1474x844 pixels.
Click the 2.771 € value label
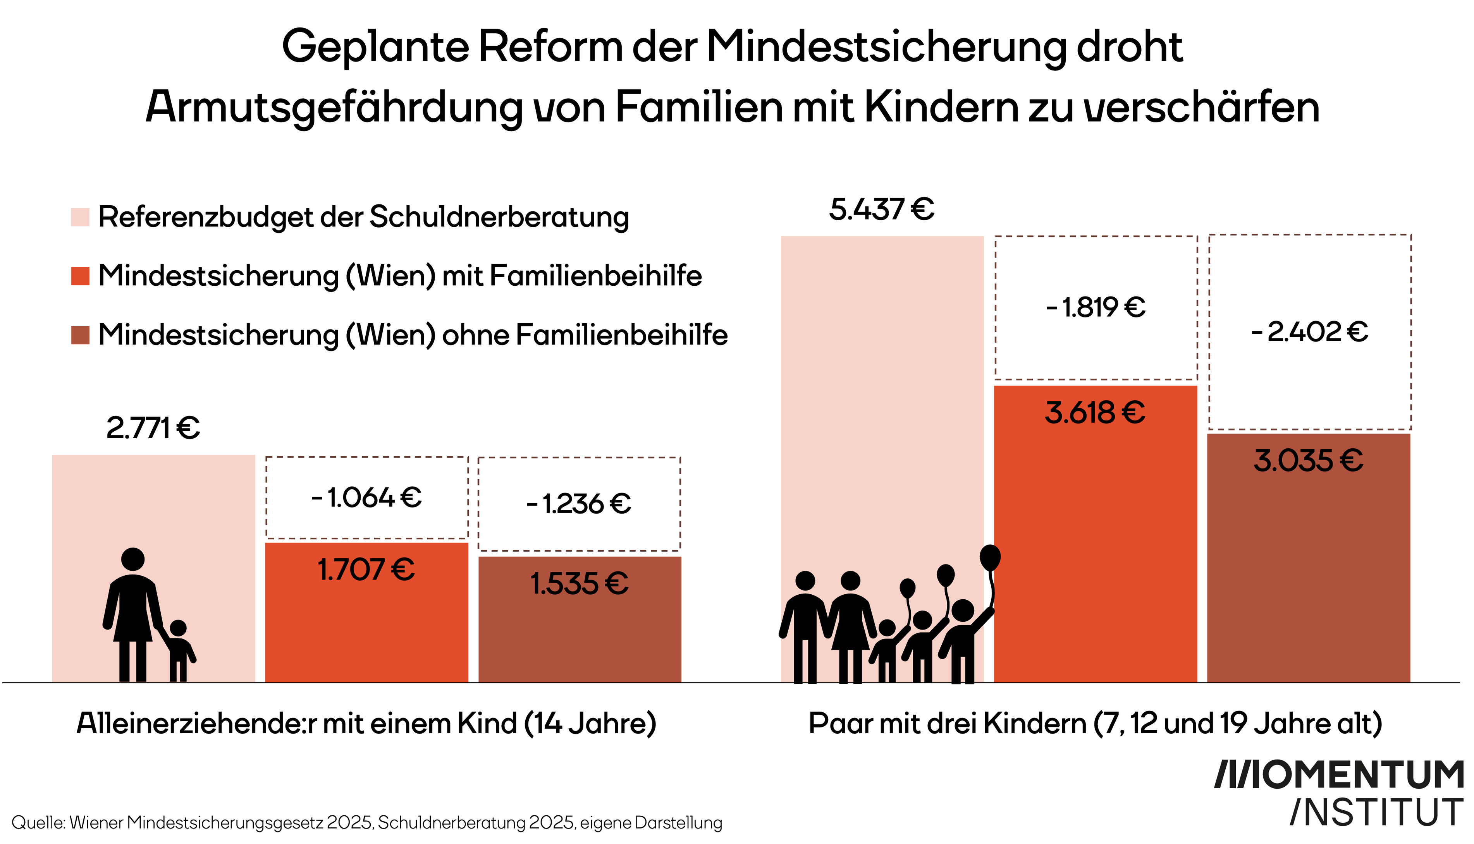153,428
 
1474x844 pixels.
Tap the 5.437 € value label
881,209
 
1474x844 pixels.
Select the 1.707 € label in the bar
366,570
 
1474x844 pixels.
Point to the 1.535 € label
579,584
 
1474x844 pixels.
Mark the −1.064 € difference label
366,497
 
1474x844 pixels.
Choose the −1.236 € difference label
579,503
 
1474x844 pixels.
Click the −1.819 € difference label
1096,307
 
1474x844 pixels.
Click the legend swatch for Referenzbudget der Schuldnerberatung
80,217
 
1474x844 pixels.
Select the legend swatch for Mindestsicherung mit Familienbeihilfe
80,276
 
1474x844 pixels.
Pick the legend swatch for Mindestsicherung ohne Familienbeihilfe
80,335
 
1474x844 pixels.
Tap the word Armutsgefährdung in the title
334,107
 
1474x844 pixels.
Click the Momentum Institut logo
1340,793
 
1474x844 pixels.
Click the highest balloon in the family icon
990,557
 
